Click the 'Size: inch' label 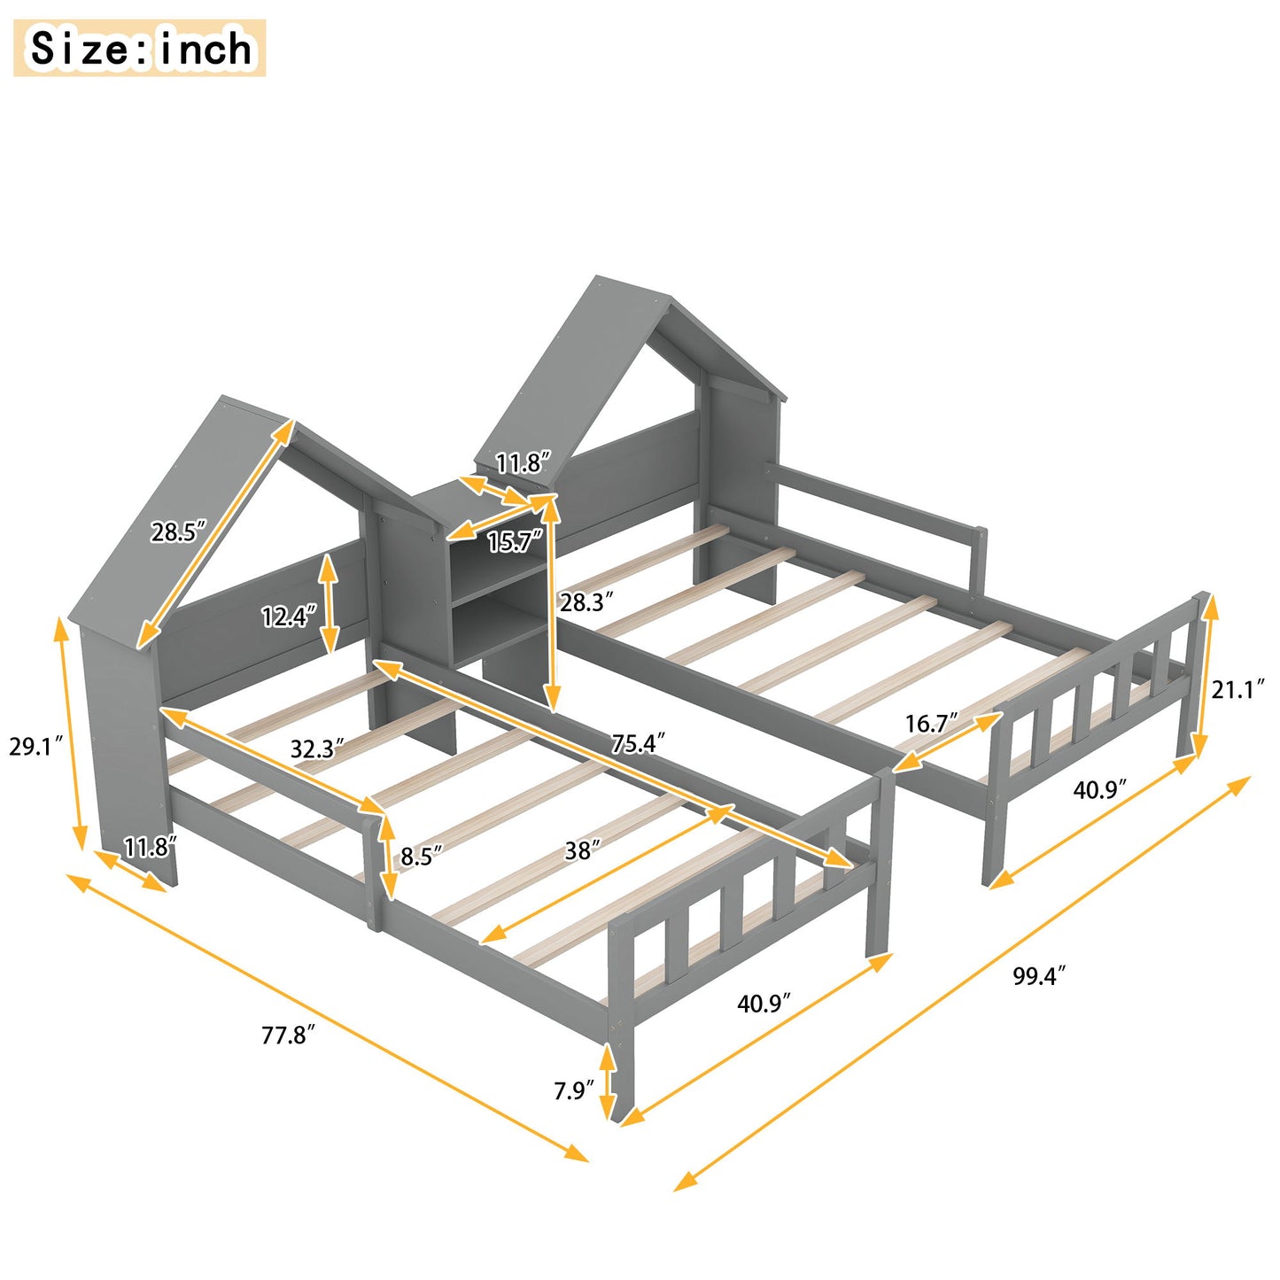point(140,48)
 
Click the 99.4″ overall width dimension point(1038,976)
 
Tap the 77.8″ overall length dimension point(288,1035)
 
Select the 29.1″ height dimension point(36,746)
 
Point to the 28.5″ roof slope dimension point(178,531)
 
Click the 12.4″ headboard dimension point(288,616)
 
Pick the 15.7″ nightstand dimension point(515,541)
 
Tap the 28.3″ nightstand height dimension point(586,602)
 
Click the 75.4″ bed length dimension point(638,742)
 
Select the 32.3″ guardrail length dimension point(317,749)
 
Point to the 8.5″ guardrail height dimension point(421,857)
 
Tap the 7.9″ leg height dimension point(573,1090)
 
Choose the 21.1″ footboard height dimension point(1237,688)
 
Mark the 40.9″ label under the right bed point(1099,788)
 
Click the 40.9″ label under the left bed point(764,1003)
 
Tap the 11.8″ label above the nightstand point(523,462)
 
